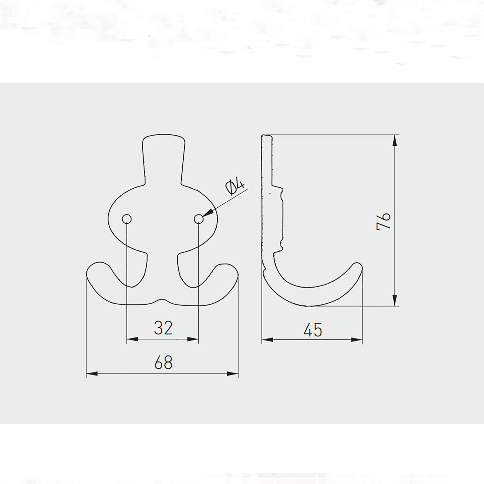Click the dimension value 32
(x=163, y=328)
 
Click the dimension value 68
(x=164, y=362)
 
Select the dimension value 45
(x=313, y=330)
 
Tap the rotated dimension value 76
(x=384, y=221)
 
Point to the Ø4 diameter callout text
(x=236, y=187)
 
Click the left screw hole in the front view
(x=127, y=219)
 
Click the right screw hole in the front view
(x=199, y=219)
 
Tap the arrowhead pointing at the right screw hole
(x=208, y=213)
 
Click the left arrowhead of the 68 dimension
(x=92, y=374)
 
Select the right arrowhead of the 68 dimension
(x=233, y=374)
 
